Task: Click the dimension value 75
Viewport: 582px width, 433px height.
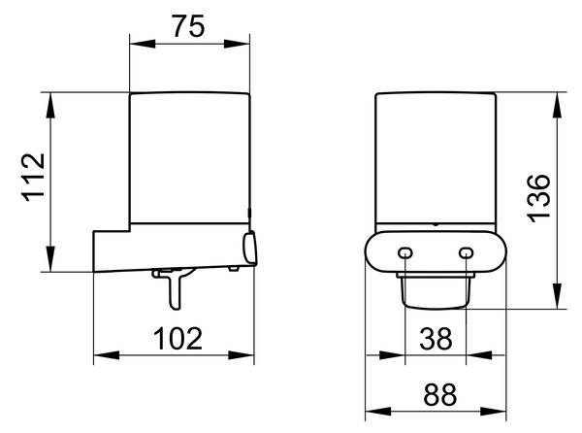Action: (x=188, y=26)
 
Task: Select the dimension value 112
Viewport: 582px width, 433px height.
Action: (x=34, y=178)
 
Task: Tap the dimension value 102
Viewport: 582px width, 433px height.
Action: (x=178, y=338)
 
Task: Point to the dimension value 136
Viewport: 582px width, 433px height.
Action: (x=539, y=198)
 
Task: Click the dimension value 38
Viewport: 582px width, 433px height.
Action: (x=436, y=338)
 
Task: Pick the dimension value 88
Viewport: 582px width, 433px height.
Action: (x=439, y=394)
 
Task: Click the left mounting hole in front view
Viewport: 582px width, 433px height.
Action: (x=404, y=253)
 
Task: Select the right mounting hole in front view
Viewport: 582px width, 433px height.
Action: (x=466, y=253)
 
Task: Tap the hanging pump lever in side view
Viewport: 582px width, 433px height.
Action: (x=175, y=287)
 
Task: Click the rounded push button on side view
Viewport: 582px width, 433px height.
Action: (x=249, y=248)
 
